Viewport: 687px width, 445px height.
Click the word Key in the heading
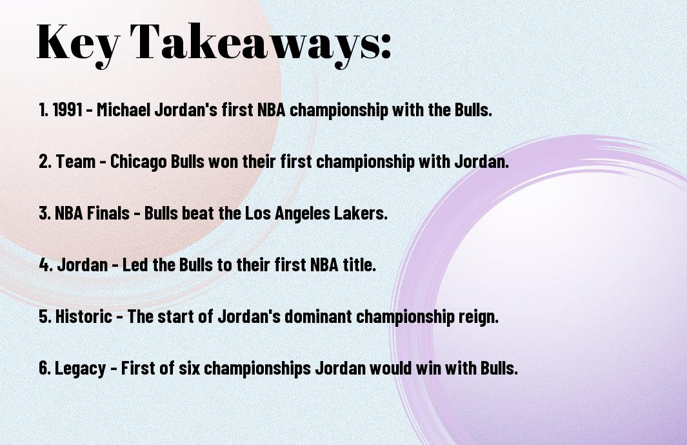pos(78,43)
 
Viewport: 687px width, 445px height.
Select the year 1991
pos(68,110)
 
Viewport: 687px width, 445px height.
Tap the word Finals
pos(108,213)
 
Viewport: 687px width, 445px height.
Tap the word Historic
pos(83,316)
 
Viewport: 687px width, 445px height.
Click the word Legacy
pos(80,369)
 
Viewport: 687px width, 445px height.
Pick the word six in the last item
pos(189,368)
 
